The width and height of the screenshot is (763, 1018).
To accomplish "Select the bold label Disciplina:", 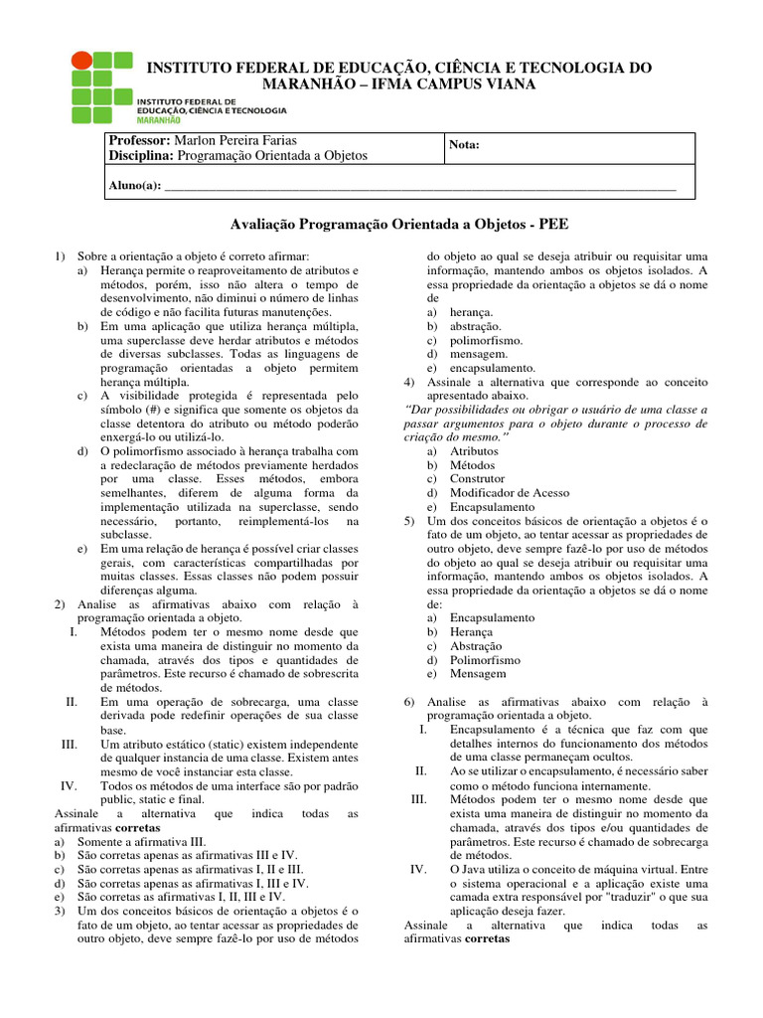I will (x=141, y=155).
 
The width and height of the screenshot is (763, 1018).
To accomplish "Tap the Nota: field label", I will (x=465, y=145).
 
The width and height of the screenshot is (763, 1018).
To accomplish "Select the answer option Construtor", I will (x=477, y=478).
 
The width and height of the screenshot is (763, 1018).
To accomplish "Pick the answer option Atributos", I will (x=474, y=450).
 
